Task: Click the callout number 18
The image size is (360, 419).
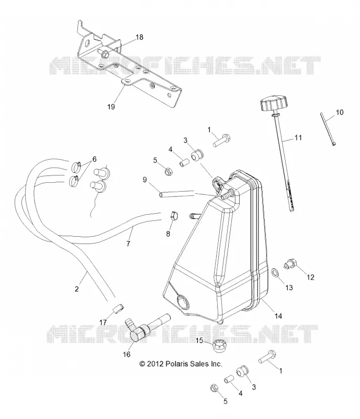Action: tap(139, 37)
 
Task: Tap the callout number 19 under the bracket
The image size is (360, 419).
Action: tap(111, 107)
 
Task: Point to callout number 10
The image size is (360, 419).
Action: tap(340, 112)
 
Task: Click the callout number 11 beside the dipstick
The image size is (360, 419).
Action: tap(298, 138)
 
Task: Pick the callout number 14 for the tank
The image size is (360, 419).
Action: tap(278, 316)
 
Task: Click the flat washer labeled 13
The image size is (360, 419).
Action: tap(275, 273)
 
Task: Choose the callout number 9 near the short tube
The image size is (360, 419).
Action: tap(145, 180)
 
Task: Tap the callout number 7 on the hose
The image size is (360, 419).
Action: tap(128, 244)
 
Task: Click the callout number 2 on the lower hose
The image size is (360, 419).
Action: tap(76, 289)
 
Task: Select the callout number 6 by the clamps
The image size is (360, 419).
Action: tap(94, 159)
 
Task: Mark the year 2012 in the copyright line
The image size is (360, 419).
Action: tap(155, 363)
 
